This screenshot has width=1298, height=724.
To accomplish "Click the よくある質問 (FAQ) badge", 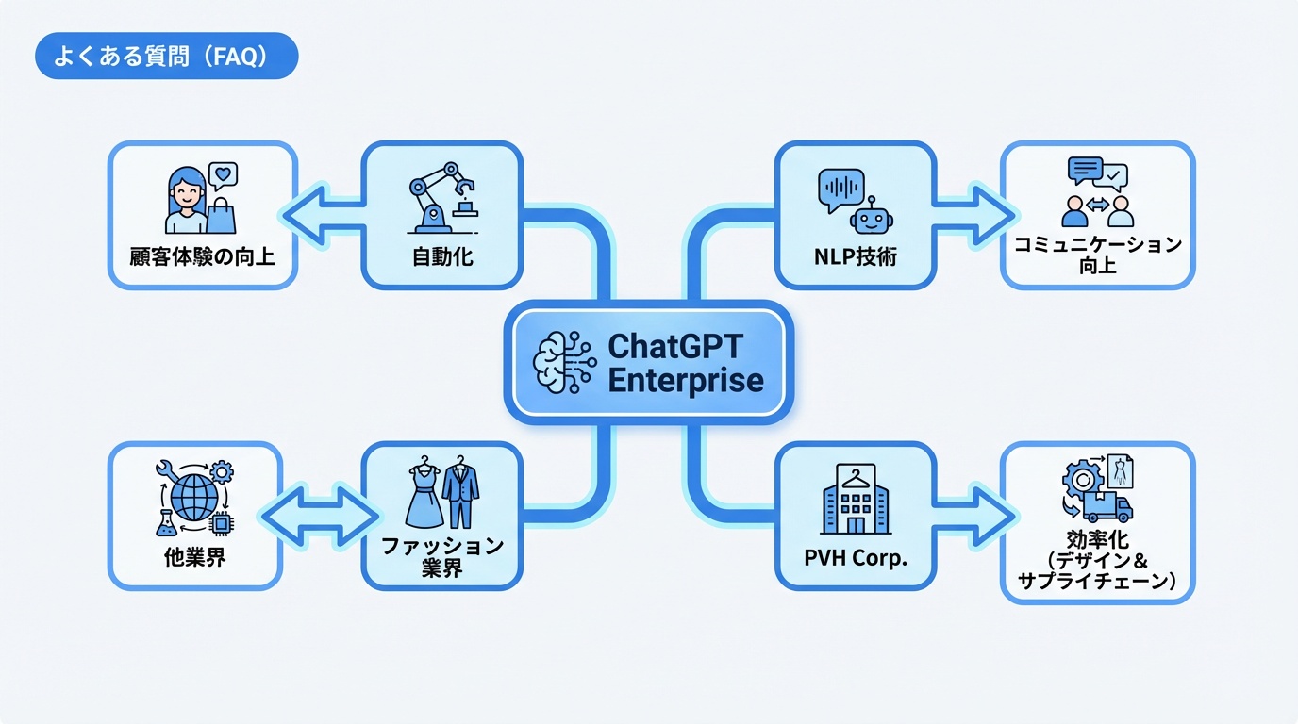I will point(166,57).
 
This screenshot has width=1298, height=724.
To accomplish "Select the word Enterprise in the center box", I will point(686,380).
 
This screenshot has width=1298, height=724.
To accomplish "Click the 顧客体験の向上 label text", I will point(203,255).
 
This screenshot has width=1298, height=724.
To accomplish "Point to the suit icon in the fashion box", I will point(460,492).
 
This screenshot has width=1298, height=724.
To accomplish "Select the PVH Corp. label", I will point(855,557).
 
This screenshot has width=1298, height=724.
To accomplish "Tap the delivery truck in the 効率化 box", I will point(1108,506).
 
